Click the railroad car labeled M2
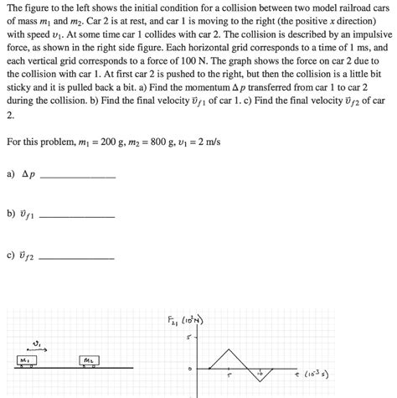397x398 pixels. (88, 360)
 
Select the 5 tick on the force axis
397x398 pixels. (190, 338)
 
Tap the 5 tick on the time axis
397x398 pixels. (229, 376)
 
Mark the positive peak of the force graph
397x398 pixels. (227, 346)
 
